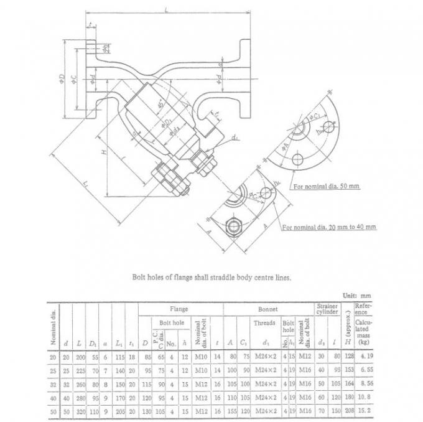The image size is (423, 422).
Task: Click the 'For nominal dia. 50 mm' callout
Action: tap(327, 185)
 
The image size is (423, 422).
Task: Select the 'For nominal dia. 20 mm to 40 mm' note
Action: tap(329, 228)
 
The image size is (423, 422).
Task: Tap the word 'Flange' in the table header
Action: tap(179, 309)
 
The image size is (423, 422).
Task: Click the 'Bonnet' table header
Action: tap(267, 309)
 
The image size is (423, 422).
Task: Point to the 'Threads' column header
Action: tap(264, 323)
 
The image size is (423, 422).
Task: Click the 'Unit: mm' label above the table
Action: tap(357, 296)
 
